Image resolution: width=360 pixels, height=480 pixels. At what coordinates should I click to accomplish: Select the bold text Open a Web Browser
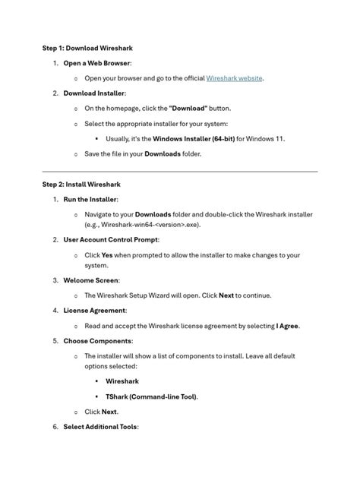[x=96, y=63]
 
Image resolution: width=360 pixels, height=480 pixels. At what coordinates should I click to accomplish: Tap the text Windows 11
[x=266, y=139]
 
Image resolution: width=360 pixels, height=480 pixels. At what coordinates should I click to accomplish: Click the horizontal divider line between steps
[x=180, y=172]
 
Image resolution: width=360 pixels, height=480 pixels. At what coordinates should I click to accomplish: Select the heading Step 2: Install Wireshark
[x=81, y=185]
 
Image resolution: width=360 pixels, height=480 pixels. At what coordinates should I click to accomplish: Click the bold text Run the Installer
[x=90, y=199]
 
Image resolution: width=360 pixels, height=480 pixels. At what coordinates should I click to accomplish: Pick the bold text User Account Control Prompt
[x=111, y=240]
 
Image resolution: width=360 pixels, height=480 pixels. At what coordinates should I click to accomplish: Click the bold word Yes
[x=106, y=255]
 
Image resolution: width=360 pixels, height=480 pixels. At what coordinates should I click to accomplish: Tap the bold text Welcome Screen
[x=91, y=280]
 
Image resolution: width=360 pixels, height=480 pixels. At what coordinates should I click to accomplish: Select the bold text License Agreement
[x=95, y=311]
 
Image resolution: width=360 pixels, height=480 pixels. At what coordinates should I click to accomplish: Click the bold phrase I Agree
[x=287, y=326]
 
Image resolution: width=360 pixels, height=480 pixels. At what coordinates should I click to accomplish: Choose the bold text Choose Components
[x=97, y=341]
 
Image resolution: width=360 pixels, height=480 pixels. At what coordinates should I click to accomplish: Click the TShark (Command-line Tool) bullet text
[x=151, y=396]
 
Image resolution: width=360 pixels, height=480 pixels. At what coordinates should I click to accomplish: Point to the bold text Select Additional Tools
[x=100, y=427]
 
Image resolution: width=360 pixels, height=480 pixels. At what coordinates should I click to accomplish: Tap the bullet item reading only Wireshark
[x=122, y=381]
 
